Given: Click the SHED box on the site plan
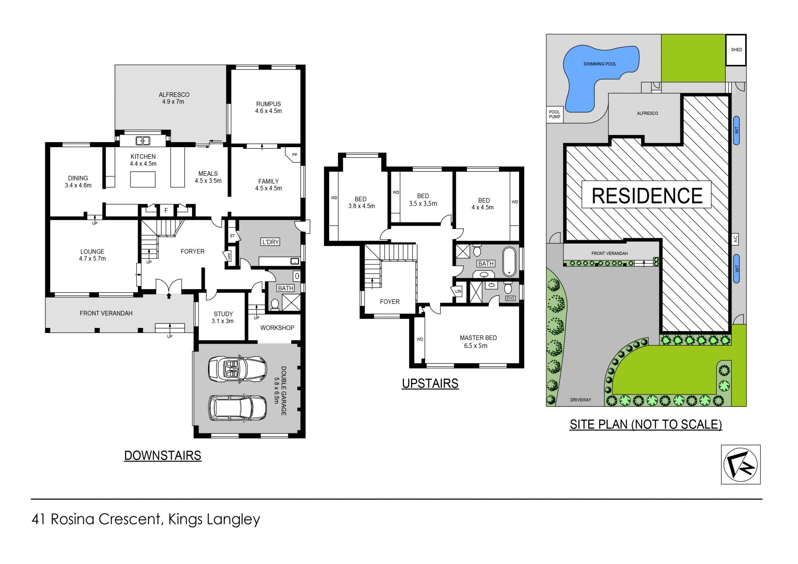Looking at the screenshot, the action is point(736,50).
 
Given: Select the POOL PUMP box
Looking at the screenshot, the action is point(554,114).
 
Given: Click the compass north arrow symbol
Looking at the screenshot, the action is point(741,464).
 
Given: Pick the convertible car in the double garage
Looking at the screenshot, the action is point(237,368).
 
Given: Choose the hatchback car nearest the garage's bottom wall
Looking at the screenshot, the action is point(237,408).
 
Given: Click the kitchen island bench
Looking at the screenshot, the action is point(143,180).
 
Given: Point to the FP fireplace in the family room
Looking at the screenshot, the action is point(293,155).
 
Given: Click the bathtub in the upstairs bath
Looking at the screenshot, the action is point(509,262).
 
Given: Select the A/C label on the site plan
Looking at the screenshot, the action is point(735,239).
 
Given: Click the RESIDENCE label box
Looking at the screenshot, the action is point(646,195).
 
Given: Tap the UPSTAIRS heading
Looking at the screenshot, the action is point(430,383).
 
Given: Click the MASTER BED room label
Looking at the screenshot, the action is point(478,338).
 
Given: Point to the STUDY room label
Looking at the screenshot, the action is point(223,314).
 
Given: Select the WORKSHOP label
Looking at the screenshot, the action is point(277,328).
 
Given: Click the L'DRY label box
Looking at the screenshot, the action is point(270,242).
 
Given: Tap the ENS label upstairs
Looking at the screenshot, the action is point(510,298).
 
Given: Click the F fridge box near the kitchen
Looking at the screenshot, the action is point(166,211).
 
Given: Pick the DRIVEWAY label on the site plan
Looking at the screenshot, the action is point(581,400).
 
